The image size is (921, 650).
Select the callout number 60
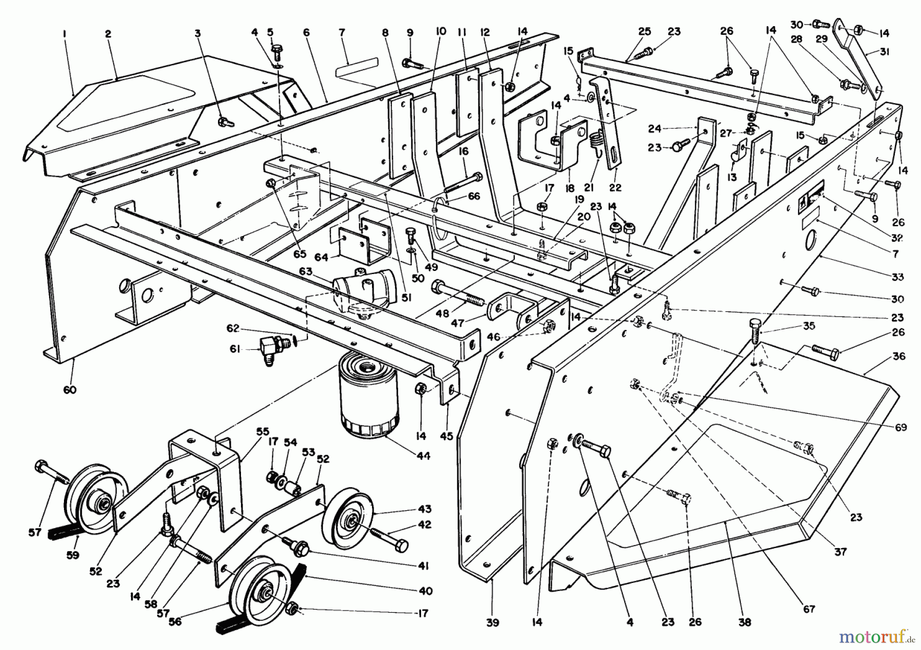coord(70,390)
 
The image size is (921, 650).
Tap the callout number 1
coord(64,33)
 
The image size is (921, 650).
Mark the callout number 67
coord(808,609)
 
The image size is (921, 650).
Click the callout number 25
coord(644,32)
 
